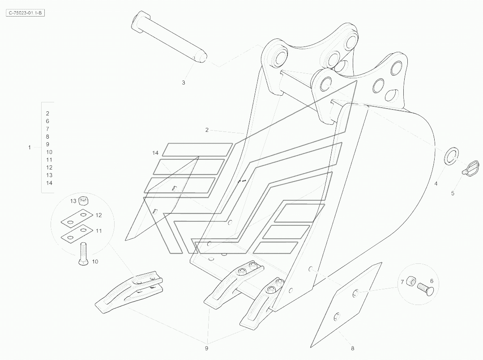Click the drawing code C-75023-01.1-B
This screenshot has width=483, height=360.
point(26,13)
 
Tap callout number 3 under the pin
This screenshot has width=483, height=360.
point(184,83)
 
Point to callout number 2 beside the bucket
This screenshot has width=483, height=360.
point(207,130)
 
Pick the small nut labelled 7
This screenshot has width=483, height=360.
point(412,283)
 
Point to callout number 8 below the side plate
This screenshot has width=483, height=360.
point(352,347)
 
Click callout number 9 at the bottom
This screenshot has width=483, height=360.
point(207,347)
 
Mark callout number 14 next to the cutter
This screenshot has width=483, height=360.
point(155,153)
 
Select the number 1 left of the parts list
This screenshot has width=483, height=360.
point(30,147)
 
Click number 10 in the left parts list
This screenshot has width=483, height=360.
point(49,152)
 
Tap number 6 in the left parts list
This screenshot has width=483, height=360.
point(47,121)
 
